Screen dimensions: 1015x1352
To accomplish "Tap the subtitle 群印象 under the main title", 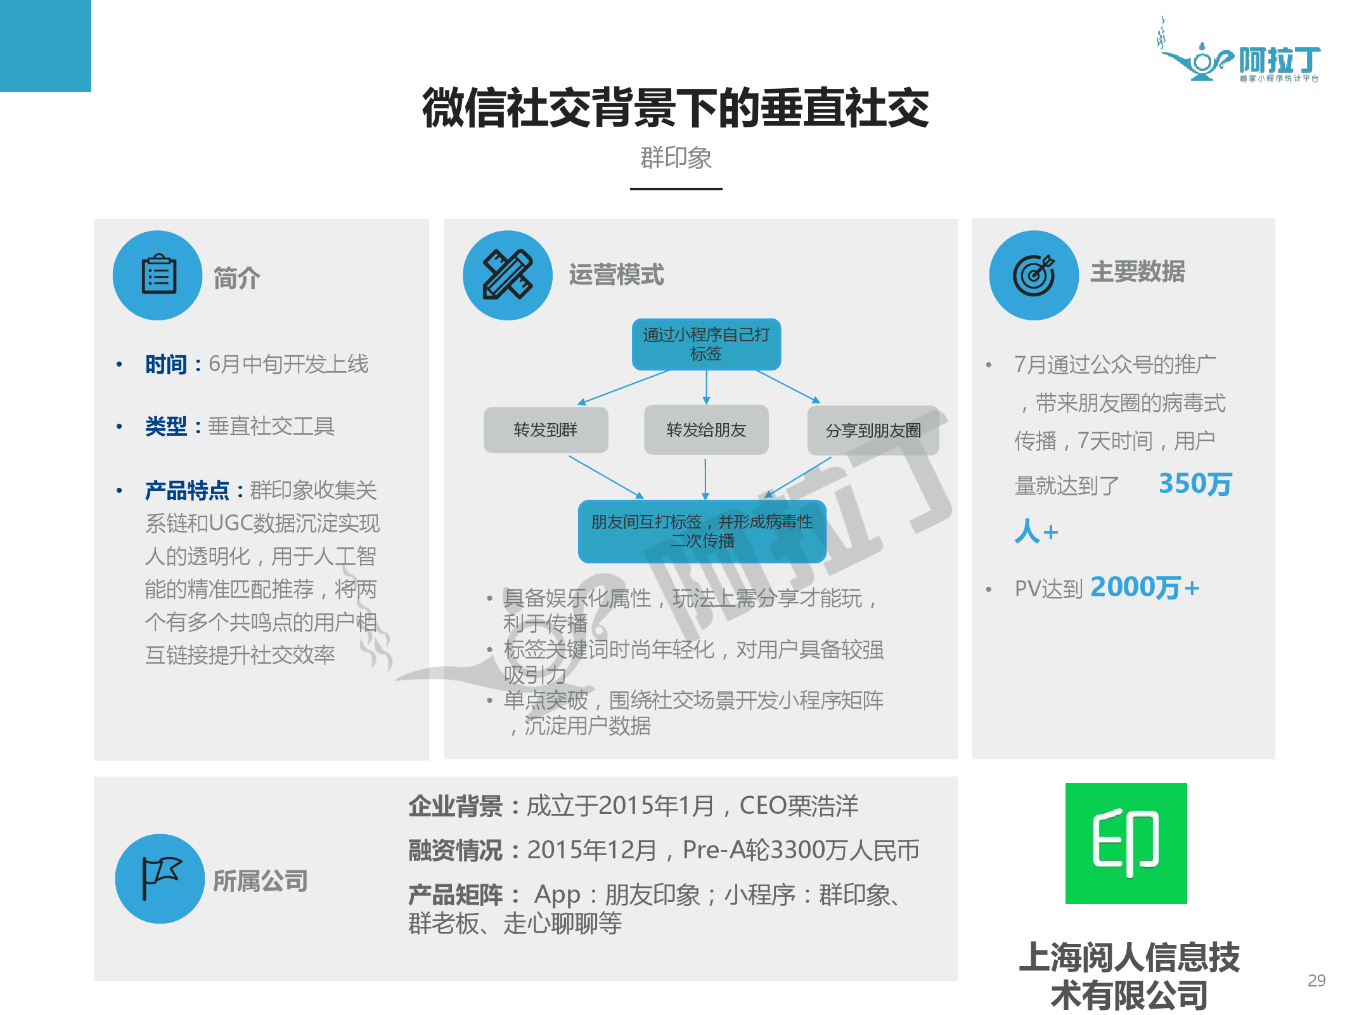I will coord(676,157).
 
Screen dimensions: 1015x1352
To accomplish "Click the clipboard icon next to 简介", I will coord(158,275).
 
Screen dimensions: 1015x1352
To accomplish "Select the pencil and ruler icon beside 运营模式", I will coord(507,275).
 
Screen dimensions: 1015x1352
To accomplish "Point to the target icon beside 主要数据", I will coord(1033,275).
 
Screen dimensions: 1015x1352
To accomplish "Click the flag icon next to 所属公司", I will coord(160,878).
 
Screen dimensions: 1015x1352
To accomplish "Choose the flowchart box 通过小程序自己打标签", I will coord(706,344).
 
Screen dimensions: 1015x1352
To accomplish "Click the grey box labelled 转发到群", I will coord(545,429).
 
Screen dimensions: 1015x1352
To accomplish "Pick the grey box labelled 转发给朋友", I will coord(706,429).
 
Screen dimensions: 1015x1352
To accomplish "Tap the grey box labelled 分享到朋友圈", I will coord(872,430).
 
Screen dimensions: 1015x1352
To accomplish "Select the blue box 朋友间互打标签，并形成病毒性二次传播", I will coord(702,531).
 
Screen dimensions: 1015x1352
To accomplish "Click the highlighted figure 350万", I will coord(1195,483).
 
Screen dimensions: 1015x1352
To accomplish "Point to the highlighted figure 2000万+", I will coord(1145,587).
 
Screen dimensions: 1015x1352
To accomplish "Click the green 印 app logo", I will coord(1126,843).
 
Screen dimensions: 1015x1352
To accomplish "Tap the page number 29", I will coord(1317,980).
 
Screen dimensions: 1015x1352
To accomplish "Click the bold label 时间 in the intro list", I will coord(165,364).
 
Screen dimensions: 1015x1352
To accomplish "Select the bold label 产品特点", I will coord(187,490).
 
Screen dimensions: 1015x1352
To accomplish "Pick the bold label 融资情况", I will coord(455,850).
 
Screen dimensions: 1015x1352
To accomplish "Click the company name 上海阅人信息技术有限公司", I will coord(1129,976).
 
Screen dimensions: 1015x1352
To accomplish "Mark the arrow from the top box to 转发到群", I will coord(624,387).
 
